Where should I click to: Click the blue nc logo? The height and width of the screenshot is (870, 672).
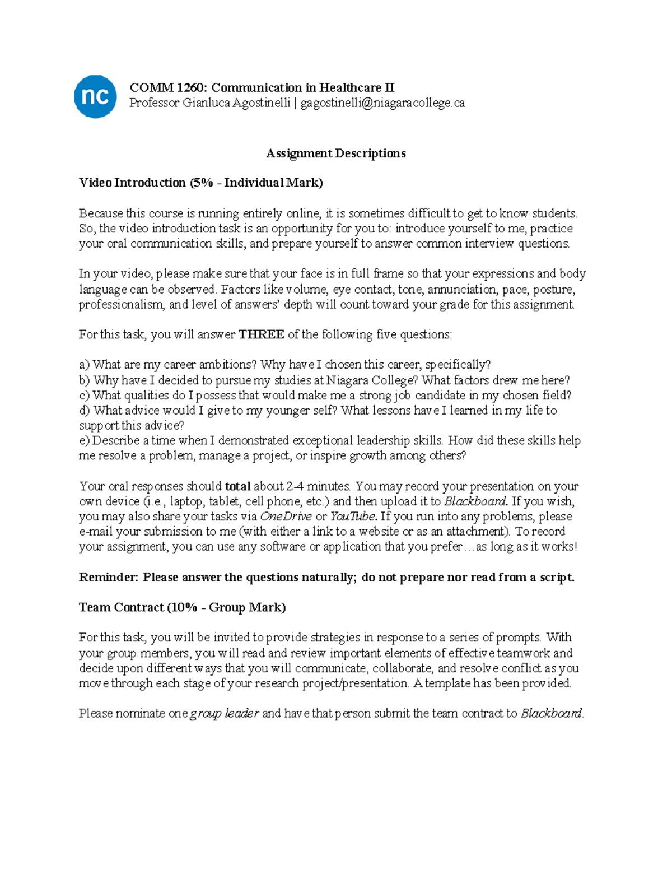pos(95,97)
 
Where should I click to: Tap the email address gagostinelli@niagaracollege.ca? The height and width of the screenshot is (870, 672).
pos(382,103)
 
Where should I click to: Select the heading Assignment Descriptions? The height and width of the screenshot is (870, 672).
pos(335,153)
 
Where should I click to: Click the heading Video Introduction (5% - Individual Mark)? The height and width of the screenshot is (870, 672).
pos(200,183)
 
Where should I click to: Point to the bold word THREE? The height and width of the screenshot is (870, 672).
pos(261,335)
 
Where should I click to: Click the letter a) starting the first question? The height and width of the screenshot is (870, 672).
pos(84,365)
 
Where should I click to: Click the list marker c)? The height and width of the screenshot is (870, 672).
pos(84,396)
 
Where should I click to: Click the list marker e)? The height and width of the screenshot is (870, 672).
pos(84,441)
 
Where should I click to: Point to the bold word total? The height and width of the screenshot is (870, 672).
pos(237,486)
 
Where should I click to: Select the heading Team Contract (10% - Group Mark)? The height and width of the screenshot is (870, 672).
pos(182,608)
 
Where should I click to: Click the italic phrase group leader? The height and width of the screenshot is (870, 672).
pos(225,714)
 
